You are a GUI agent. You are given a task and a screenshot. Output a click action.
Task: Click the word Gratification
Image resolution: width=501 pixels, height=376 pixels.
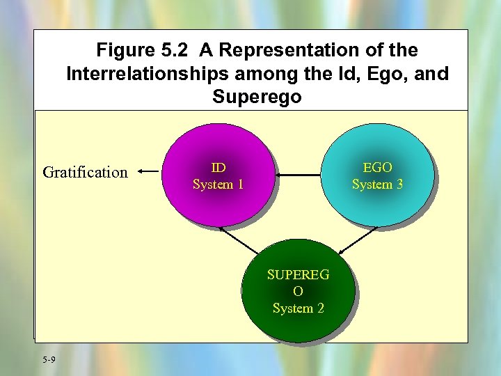click(x=85, y=172)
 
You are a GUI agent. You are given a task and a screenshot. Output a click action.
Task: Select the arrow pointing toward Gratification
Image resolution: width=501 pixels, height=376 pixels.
click(x=150, y=169)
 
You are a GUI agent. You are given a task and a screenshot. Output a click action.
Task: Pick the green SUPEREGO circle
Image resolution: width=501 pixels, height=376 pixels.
click(x=298, y=290)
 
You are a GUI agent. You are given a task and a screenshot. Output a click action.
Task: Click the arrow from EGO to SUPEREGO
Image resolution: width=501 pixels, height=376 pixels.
click(x=358, y=239)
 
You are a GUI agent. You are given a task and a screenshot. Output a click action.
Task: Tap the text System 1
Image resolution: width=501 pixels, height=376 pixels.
click(x=218, y=185)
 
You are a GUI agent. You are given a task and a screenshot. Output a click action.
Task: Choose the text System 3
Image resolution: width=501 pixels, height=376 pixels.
click(x=377, y=185)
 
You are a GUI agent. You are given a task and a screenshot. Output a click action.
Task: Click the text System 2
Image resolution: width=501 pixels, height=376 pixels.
click(x=298, y=308)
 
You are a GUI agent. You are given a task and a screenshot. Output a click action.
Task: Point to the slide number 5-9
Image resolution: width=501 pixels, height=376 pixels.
click(x=49, y=359)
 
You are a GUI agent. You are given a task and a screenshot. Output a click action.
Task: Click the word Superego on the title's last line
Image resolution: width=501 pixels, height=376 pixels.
click(x=257, y=97)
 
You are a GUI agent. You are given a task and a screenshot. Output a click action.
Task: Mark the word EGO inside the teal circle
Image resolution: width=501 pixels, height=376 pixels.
click(x=377, y=167)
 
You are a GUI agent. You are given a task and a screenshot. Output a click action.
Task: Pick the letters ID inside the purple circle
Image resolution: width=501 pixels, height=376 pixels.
click(x=218, y=167)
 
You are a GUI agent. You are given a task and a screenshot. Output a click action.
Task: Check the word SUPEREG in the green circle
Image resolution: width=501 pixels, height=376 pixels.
click(x=298, y=274)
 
